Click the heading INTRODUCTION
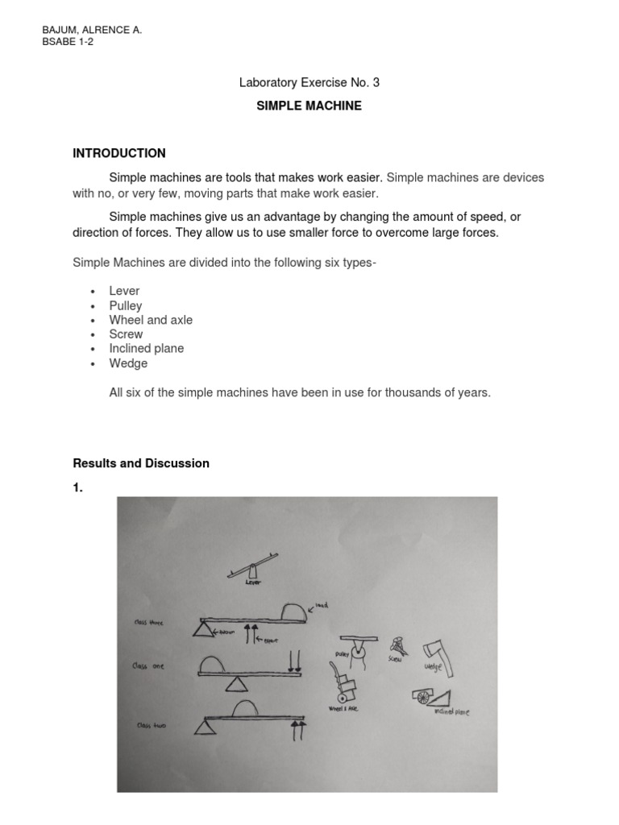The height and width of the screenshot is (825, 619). click(119, 153)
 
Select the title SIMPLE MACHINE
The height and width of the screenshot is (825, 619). click(309, 106)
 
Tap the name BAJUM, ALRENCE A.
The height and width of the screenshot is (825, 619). click(91, 30)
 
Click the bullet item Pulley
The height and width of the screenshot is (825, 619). click(126, 305)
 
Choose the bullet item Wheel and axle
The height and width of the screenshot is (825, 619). click(151, 320)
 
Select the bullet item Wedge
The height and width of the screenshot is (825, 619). click(128, 363)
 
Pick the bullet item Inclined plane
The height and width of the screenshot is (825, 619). click(147, 349)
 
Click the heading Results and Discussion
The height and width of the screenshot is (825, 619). click(141, 463)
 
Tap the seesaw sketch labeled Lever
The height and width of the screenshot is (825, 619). click(252, 565)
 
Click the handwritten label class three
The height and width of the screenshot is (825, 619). click(150, 622)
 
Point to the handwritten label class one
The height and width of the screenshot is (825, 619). click(148, 666)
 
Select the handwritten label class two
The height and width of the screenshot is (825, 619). click(151, 725)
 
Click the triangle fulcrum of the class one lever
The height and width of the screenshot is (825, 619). click(237, 684)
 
